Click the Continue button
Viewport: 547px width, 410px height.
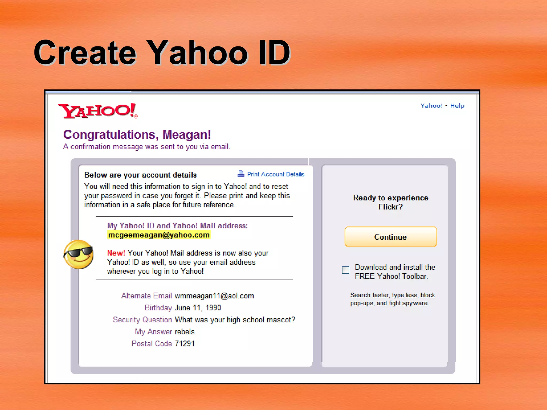click(x=390, y=237)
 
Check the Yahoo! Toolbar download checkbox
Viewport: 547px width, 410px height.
click(x=346, y=270)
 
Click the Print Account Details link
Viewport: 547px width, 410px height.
click(x=276, y=174)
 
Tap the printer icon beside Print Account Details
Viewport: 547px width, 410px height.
click(x=241, y=174)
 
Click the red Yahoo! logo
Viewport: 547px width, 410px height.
click(x=98, y=111)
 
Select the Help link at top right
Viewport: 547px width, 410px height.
click(x=457, y=106)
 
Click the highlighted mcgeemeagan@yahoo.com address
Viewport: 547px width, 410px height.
click(x=159, y=235)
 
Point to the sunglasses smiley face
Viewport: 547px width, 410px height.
click(x=79, y=254)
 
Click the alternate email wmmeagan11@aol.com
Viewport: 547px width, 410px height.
click(x=214, y=296)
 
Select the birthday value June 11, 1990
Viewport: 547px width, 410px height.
click(x=198, y=308)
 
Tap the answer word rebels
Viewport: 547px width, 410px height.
click(x=185, y=332)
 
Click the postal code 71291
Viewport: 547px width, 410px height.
click(x=185, y=344)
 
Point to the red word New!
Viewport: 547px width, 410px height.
click(x=116, y=253)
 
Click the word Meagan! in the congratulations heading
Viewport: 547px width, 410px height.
click(x=187, y=135)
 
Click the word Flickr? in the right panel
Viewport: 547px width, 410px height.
click(x=390, y=207)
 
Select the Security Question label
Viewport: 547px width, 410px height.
click(x=142, y=320)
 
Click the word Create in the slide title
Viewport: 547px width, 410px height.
click(x=85, y=53)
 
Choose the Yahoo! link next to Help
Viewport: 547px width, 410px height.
click(x=431, y=106)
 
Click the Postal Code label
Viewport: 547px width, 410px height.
click(x=152, y=344)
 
